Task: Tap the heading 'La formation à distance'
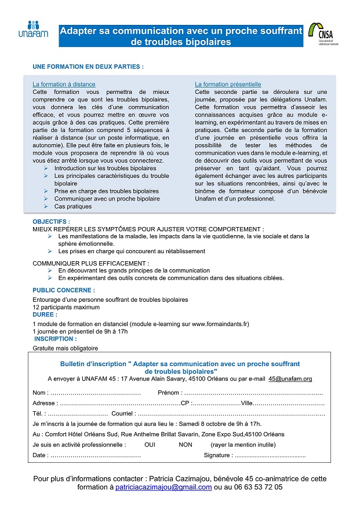(64, 84)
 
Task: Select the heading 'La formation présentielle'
(228, 84)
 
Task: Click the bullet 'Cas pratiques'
(73, 206)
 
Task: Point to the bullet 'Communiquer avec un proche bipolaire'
(107, 199)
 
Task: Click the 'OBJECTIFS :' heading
(51, 222)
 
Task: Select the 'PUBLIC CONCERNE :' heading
(64, 290)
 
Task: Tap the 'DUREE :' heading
(45, 315)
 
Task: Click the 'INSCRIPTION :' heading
(55, 339)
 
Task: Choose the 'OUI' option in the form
(150, 445)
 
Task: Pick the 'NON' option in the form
(186, 445)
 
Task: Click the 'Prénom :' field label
(170, 393)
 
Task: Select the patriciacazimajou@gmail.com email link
(163, 488)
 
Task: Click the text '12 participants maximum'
(66, 307)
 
